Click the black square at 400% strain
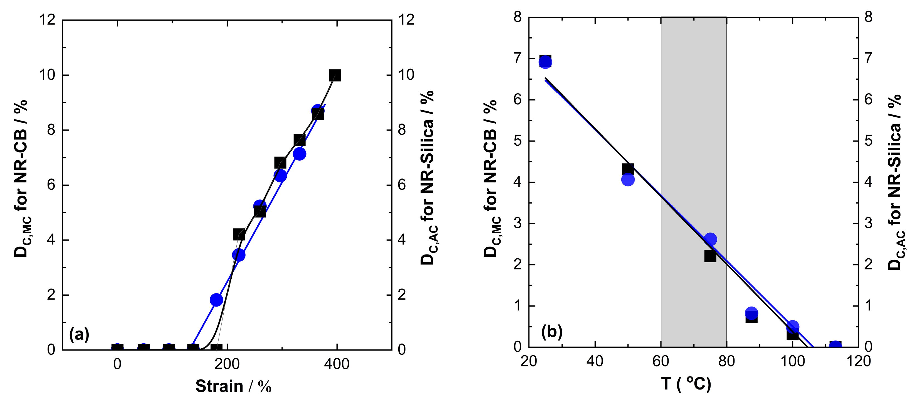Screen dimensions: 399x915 click(335, 75)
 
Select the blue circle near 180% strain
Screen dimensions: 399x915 click(216, 300)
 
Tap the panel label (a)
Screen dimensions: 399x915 click(79, 334)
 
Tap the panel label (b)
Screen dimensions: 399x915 click(552, 331)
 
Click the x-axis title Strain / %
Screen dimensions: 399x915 click(233, 386)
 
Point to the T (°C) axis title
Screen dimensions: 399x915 click(686, 384)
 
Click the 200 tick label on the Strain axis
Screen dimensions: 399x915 click(227, 364)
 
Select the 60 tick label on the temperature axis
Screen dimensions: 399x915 click(661, 362)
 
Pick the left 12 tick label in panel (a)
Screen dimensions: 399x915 click(47, 20)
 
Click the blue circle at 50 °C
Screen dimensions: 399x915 click(628, 180)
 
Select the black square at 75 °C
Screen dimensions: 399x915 click(710, 256)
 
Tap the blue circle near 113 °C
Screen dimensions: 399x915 click(835, 346)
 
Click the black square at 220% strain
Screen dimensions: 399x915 click(239, 235)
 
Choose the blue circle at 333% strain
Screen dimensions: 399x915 click(300, 154)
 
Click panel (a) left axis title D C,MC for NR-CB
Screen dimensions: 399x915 click(21, 178)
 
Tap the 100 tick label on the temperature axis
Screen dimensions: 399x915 click(792, 362)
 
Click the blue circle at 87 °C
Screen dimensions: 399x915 click(751, 313)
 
